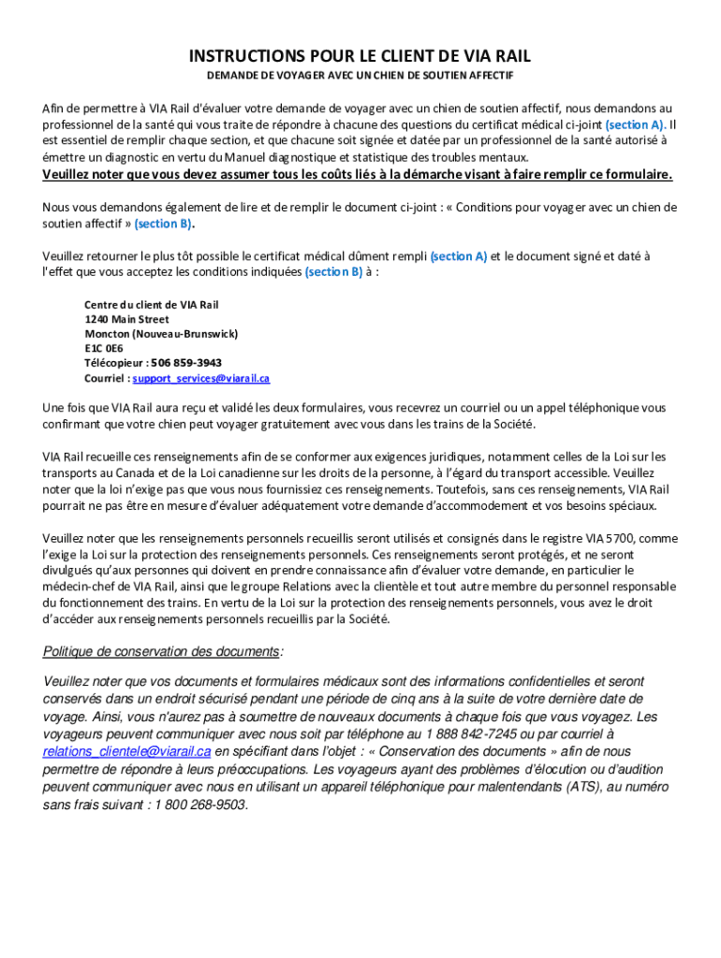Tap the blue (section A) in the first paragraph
click(x=636, y=124)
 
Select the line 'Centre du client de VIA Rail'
click(x=151, y=305)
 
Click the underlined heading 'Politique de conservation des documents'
click(x=162, y=651)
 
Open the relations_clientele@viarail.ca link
click(x=127, y=751)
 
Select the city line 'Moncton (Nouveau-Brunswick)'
click(x=161, y=334)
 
